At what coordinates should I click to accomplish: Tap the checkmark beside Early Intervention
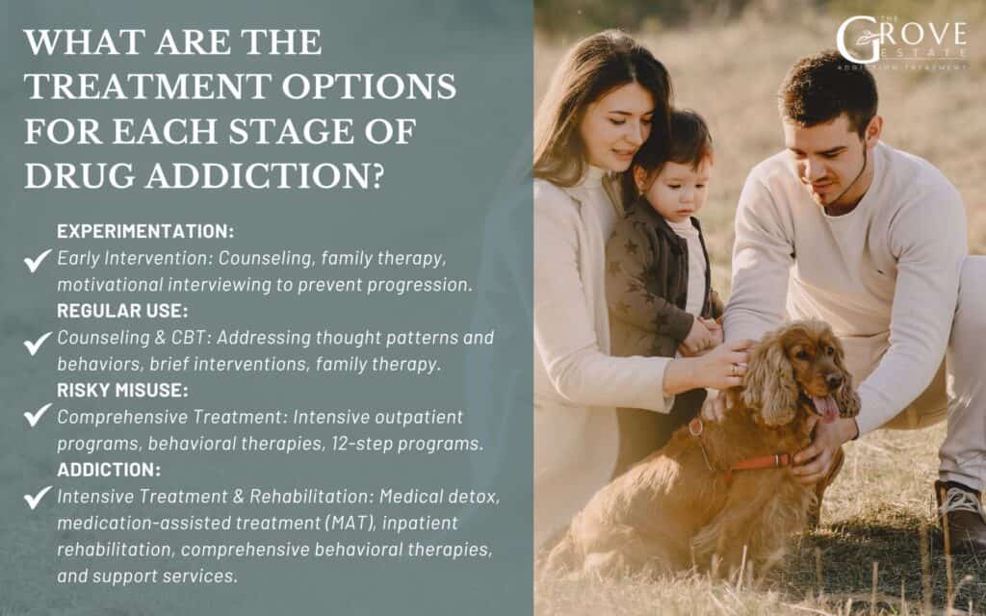point(38,259)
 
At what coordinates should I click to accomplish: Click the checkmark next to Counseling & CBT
point(38,339)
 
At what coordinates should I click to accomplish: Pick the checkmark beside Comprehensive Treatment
point(38,417)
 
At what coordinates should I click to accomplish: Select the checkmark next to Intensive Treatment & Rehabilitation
point(38,497)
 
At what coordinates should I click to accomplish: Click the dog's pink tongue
point(826,406)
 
